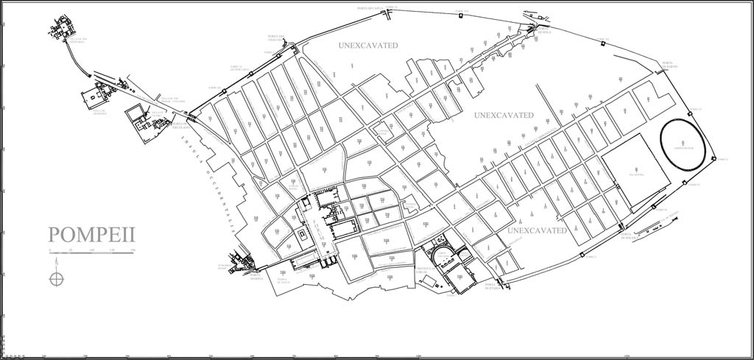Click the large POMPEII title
coord(91,235)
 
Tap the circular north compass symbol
coord(56,278)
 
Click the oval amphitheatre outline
coord(683,146)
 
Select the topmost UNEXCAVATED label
coord(367,46)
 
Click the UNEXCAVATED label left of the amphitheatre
coord(503,116)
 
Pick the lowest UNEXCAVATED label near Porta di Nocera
coord(537,230)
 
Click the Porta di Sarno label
coord(668,65)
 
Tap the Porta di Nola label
coord(543,32)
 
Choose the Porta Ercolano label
coord(181,125)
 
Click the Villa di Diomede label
coord(99,112)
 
